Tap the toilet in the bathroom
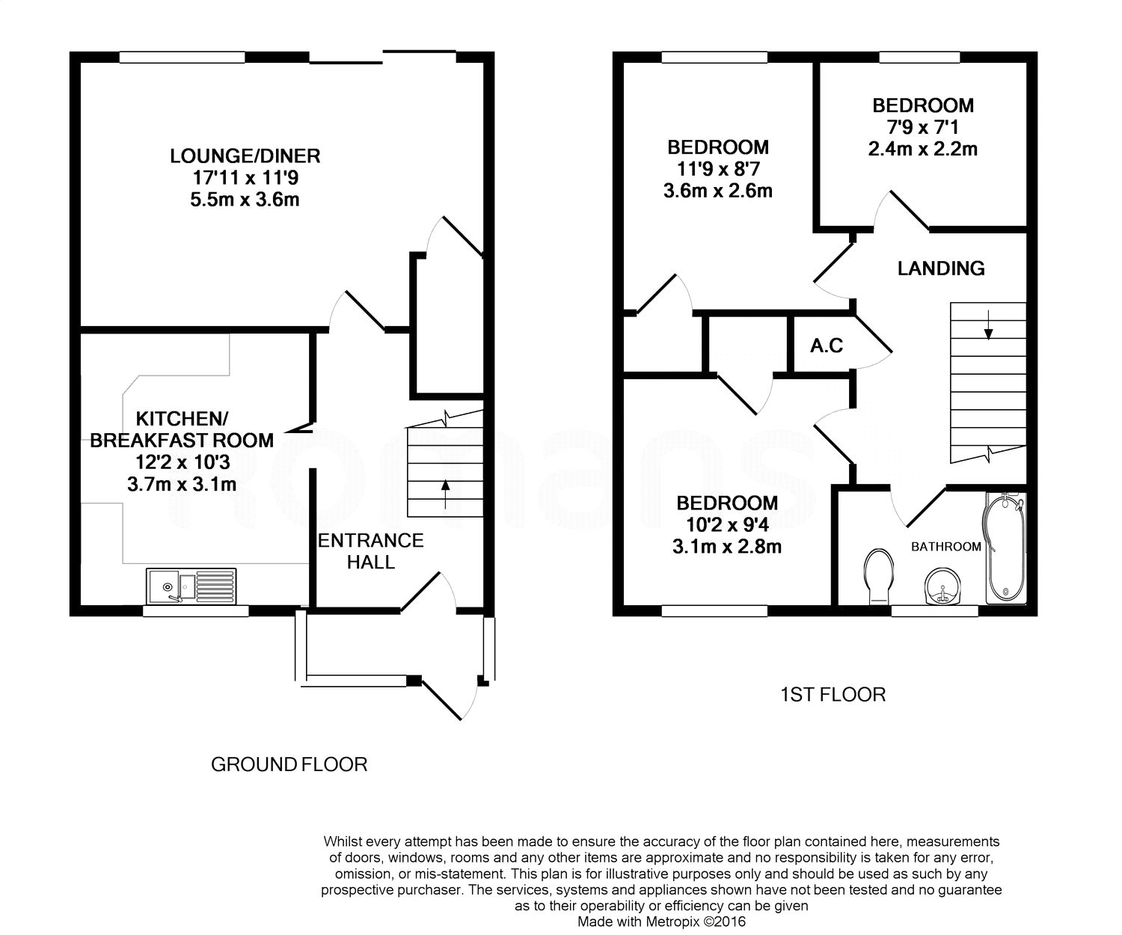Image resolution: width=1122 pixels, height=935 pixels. [877, 577]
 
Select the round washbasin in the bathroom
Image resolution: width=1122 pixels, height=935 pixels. [940, 586]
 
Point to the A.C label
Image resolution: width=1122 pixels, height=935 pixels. [827, 346]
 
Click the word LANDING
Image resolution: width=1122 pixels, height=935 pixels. [941, 268]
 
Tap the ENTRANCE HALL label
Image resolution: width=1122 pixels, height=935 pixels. [371, 551]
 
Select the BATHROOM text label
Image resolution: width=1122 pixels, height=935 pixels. [945, 547]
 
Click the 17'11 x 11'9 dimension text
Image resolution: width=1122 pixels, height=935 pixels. [245, 178]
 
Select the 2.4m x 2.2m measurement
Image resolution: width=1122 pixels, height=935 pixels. [923, 149]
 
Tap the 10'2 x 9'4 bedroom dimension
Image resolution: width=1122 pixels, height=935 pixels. [727, 524]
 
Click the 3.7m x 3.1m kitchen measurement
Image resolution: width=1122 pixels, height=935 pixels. [182, 484]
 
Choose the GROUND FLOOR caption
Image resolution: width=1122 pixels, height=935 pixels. [289, 764]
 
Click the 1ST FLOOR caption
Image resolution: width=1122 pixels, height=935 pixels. [833, 695]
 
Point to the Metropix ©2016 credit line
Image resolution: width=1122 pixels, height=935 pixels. [661, 922]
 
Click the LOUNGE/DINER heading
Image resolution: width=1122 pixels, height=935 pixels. [245, 156]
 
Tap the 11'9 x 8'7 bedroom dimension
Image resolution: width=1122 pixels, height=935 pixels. [718, 168]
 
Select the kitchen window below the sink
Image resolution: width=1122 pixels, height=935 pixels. [195, 611]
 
